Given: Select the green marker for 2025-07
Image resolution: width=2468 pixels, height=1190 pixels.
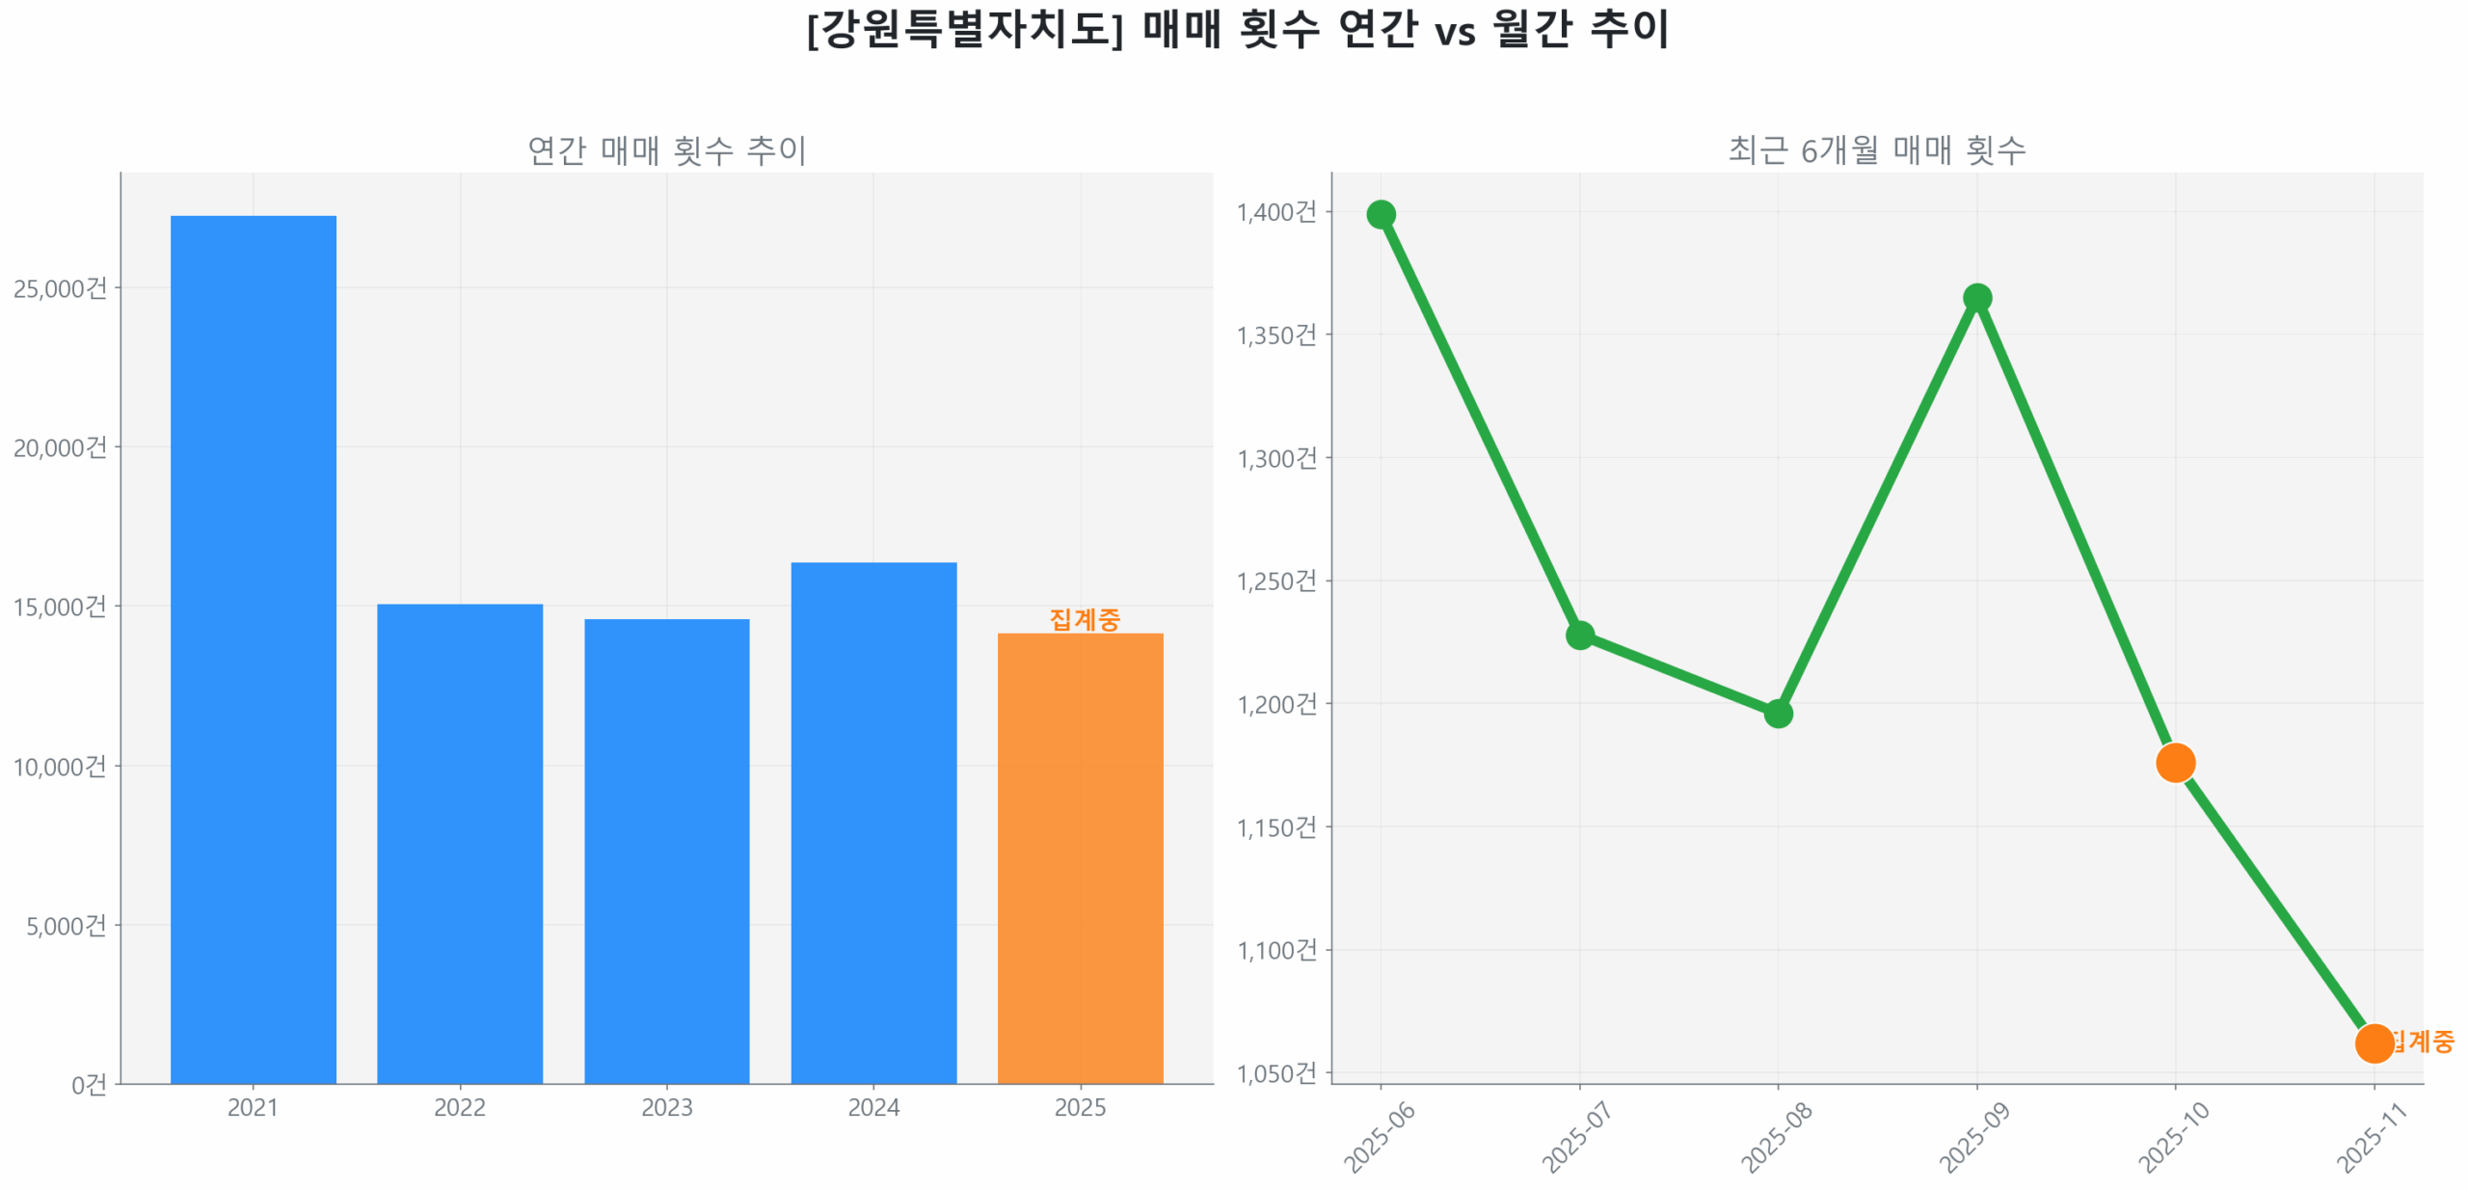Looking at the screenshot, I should click(1578, 634).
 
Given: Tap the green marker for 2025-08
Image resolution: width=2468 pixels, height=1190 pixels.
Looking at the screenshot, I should click(1777, 713).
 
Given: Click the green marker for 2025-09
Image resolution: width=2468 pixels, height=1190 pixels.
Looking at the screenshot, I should click(1975, 297).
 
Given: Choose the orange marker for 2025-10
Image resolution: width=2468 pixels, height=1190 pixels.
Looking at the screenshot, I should click(2174, 762).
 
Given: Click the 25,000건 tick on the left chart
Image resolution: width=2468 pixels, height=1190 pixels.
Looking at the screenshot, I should click(60, 287).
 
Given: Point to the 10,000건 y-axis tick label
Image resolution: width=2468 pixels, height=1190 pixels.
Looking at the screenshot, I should click(60, 766).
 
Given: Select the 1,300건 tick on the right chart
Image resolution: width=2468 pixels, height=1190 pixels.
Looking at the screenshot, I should click(1275, 457).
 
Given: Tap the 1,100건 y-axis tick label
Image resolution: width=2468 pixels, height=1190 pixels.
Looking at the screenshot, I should click(1275, 949).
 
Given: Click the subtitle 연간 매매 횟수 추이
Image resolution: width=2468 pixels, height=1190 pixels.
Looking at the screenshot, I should click(665, 149).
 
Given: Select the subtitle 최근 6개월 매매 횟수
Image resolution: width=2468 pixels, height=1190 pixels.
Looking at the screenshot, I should click(1875, 149).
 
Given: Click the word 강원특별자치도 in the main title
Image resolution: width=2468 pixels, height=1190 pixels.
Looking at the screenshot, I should click(964, 29).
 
